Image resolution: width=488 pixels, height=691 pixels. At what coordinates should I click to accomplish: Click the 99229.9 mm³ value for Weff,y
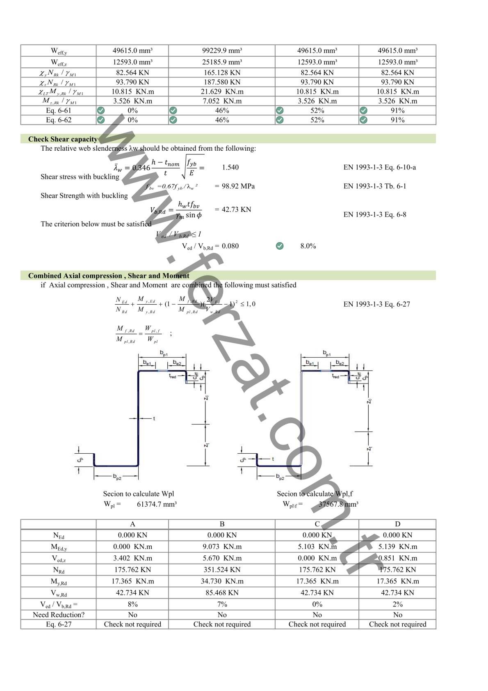(222, 51)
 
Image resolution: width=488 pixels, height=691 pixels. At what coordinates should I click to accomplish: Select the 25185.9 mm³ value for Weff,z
(222, 62)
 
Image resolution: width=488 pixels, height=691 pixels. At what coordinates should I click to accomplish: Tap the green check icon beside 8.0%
(280, 246)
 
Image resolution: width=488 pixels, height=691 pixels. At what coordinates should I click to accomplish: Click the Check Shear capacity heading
(63, 139)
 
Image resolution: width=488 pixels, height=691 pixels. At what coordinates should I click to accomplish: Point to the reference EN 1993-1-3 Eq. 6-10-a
(379, 168)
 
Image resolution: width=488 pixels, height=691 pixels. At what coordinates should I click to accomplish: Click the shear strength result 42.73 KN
(236, 209)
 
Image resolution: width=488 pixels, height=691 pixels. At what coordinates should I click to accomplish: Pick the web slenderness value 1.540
(230, 168)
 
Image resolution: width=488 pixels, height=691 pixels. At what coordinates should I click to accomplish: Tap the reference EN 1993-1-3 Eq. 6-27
(376, 304)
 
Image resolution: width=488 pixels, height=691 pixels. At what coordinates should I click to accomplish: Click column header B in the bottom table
(222, 524)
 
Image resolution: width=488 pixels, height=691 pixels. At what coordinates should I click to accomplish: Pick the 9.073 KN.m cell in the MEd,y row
(222, 547)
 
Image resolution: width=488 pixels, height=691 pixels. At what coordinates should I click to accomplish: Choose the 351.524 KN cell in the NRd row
(222, 570)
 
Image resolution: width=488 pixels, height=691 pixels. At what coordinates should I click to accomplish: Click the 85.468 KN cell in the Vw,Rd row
(222, 593)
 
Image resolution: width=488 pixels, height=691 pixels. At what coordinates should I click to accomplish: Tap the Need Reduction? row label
(59, 615)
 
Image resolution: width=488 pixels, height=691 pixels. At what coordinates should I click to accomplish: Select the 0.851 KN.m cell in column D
(397, 558)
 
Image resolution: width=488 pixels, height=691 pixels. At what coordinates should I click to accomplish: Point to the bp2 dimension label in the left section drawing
(117, 476)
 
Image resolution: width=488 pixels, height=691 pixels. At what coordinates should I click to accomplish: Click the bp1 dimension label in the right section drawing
(326, 353)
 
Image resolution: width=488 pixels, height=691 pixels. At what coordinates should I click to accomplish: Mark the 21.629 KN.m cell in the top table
(222, 92)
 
